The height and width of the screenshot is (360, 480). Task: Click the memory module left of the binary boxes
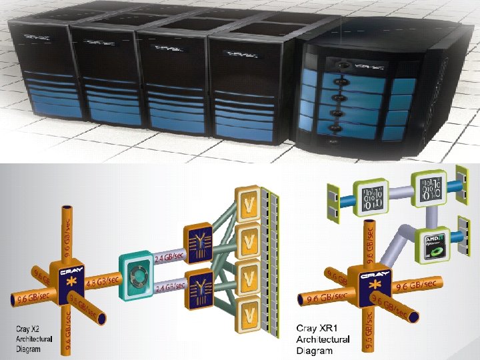coord(331,199)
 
